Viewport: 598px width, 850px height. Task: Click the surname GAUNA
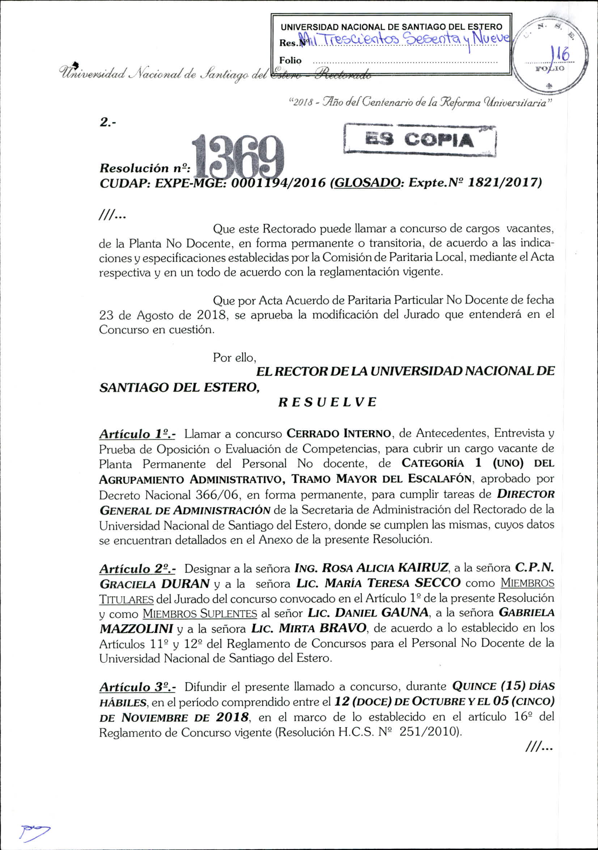click(404, 613)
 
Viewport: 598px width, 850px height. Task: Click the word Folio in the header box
click(290, 60)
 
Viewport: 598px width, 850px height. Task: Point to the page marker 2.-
click(108, 123)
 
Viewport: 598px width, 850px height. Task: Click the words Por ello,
click(234, 358)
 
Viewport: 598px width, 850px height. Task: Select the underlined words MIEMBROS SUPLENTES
click(200, 614)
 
